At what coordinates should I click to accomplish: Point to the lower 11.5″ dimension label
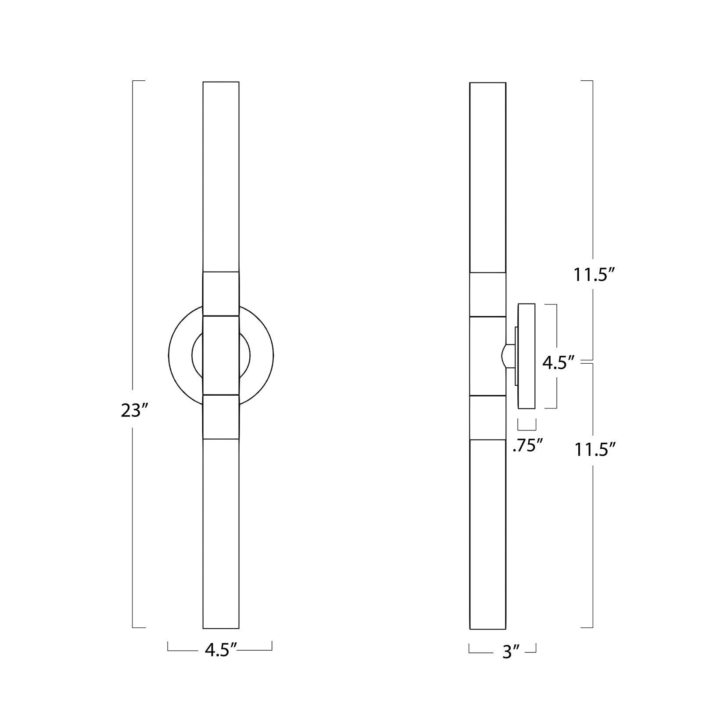596,450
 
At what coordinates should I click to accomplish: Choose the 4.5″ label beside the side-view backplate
558,363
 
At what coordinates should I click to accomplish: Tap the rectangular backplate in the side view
526,356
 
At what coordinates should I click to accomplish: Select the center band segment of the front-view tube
221,355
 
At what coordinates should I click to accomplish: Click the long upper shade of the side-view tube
487,175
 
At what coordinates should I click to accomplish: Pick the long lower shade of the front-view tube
221,533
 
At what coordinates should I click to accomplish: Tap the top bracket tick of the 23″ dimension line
138,81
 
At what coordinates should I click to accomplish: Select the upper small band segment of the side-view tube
487,294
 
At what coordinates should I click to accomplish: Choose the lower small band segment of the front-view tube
221,417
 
